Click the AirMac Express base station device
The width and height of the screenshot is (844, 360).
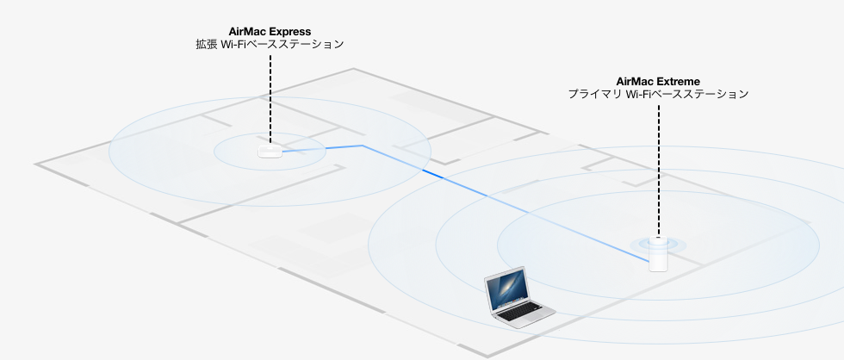[x=270, y=152]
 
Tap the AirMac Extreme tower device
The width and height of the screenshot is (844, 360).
[x=659, y=257]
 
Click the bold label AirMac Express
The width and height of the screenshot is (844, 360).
[x=270, y=30]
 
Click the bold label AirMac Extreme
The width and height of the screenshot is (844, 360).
[x=658, y=81]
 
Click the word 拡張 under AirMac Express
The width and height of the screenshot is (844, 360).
[x=206, y=43]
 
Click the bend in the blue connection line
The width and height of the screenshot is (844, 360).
[x=363, y=146]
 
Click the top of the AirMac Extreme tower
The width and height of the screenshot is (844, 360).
[x=659, y=242]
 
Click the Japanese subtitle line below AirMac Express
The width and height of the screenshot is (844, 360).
[x=270, y=43]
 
